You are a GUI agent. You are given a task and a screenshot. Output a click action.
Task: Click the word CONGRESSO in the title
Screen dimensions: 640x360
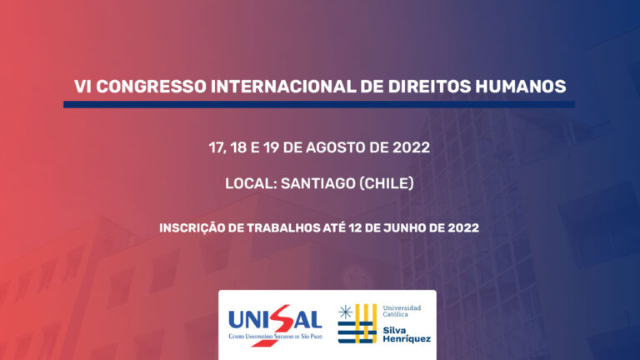[152, 87]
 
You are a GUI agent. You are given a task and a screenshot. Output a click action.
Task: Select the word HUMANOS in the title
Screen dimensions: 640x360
[520, 87]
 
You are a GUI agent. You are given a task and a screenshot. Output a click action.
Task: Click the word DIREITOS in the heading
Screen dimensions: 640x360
[429, 87]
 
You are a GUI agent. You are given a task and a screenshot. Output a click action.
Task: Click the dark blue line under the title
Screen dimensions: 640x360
[319, 104]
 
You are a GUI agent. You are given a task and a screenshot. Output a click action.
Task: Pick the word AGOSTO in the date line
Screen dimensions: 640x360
[336, 147]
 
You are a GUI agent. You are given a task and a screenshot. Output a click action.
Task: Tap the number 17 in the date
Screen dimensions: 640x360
[217, 147]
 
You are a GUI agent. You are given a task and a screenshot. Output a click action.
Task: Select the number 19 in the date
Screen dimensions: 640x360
[271, 147]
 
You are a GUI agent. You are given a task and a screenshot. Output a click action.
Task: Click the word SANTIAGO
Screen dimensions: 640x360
[318, 183]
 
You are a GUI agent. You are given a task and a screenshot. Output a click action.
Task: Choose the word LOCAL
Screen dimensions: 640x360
[251, 183]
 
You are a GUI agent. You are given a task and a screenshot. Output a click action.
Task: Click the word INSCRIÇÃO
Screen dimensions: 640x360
[192, 227]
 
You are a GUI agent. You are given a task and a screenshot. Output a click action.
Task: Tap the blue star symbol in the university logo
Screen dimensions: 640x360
[346, 312]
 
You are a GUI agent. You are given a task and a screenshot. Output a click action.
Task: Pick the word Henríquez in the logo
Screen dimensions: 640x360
[407, 339]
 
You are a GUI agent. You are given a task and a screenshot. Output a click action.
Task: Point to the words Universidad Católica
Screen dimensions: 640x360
[402, 311]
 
